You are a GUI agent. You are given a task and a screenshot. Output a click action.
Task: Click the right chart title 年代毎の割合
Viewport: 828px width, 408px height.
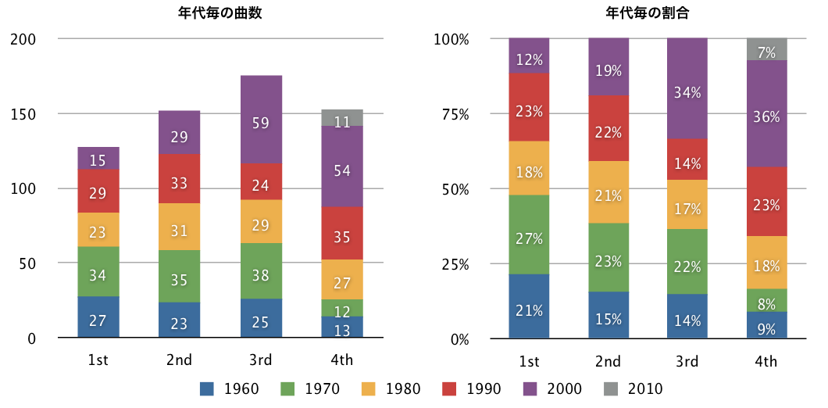click(648, 13)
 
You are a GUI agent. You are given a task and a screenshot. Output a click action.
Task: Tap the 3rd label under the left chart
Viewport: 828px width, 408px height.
click(261, 360)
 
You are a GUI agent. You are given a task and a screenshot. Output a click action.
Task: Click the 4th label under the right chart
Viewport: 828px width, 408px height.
click(766, 360)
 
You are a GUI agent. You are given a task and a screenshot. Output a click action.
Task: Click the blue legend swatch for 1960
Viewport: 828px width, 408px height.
click(208, 388)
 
